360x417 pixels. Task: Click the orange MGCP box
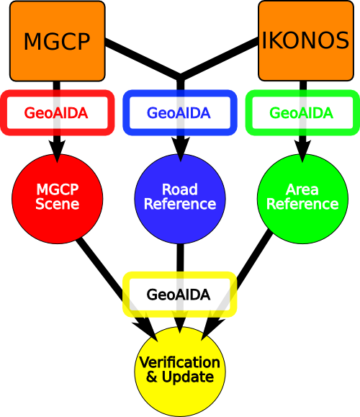[58, 41]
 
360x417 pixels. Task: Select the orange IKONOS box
[306, 40]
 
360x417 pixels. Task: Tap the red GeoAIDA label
[56, 113]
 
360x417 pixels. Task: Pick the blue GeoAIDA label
[179, 113]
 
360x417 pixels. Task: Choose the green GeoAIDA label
[302, 113]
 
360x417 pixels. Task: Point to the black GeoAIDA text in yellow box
[179, 295]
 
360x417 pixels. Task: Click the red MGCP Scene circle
[58, 199]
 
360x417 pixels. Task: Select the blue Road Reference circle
[180, 199]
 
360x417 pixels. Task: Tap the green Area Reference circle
[302, 199]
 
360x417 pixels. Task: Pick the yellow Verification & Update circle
[180, 372]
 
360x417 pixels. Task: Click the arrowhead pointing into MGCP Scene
[57, 151]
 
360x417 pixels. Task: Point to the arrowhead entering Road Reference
[181, 150]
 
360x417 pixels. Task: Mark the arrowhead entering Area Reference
[302, 151]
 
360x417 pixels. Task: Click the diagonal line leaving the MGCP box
[143, 59]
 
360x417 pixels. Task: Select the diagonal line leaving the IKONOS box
[220, 58]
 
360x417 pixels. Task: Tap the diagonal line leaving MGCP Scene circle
[116, 288]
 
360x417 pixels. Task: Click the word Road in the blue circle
[180, 189]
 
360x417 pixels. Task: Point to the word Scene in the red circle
[58, 204]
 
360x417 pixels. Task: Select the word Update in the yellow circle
[188, 377]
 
